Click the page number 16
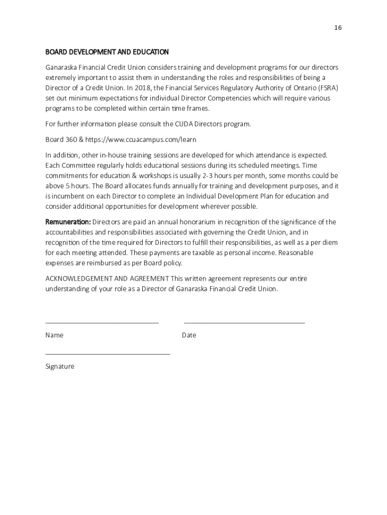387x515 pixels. pos(338,28)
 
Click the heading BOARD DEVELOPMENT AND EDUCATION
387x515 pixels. pos(107,52)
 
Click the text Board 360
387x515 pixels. pos(61,139)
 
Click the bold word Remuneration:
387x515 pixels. pos(68,222)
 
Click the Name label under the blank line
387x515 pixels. pos(54,335)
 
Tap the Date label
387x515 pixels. pos(189,335)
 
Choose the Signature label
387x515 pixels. pos(60,366)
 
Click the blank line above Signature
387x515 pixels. pos(108,354)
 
